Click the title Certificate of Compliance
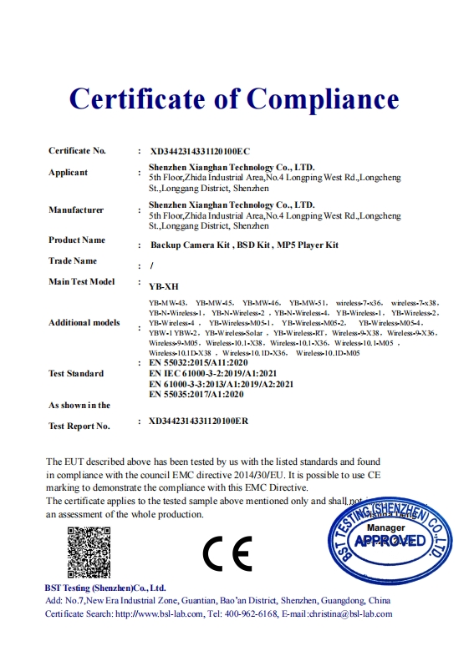click(x=234, y=98)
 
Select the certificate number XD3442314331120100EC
click(x=200, y=152)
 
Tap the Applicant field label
click(x=68, y=173)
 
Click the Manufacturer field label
click(x=76, y=209)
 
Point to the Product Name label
click(x=77, y=240)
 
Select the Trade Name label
click(x=73, y=261)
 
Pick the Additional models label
click(x=84, y=323)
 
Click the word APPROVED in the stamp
click(x=390, y=542)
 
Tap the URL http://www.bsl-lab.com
click(x=159, y=614)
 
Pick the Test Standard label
click(x=76, y=373)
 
